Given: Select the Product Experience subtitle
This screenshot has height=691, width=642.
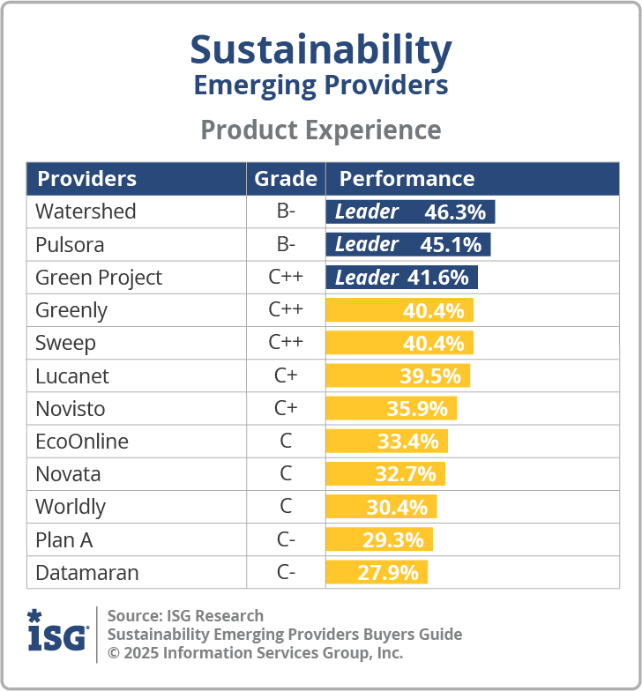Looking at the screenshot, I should (321, 130).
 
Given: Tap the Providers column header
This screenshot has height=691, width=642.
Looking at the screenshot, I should (86, 179).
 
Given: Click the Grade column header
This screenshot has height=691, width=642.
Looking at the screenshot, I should (286, 179).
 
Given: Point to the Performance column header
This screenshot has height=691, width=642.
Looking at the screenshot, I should (407, 179).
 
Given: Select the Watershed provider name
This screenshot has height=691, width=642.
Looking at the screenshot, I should (86, 212).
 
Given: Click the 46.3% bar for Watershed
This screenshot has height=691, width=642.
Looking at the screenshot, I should (410, 212).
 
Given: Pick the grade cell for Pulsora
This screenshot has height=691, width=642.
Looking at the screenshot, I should (286, 244).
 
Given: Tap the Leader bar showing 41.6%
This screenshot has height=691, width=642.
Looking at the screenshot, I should (401, 278).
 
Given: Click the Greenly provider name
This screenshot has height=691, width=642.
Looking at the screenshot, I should (71, 310).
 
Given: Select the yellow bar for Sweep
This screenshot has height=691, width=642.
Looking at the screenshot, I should (399, 343).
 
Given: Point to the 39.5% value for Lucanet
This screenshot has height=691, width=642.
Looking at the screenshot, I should (430, 376).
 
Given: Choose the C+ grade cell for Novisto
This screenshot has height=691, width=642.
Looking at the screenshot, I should (286, 409).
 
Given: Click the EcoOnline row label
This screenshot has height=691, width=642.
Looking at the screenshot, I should (82, 442).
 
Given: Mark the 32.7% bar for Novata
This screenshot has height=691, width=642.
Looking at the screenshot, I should (385, 474).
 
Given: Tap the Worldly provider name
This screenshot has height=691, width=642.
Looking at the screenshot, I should (71, 507).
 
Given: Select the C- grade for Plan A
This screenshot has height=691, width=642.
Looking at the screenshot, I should (286, 539).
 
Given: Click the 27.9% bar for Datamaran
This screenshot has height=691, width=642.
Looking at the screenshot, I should (377, 573).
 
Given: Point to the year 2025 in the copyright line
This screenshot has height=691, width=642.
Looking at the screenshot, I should (143, 653).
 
